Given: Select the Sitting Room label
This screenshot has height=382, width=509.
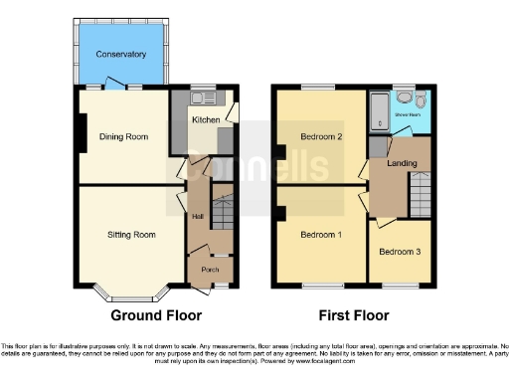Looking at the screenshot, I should [132, 235].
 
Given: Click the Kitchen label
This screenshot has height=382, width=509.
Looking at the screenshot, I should [206, 120].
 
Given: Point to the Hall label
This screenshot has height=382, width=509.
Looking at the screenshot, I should [198, 215].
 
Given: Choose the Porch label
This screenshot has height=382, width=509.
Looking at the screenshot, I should [210, 269].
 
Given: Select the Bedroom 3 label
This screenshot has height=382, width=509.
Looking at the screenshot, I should [398, 252].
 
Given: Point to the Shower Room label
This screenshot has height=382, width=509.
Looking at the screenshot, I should [409, 115].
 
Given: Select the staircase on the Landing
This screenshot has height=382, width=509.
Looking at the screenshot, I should [422, 192].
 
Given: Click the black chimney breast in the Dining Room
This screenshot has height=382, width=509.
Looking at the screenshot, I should [78, 133].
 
